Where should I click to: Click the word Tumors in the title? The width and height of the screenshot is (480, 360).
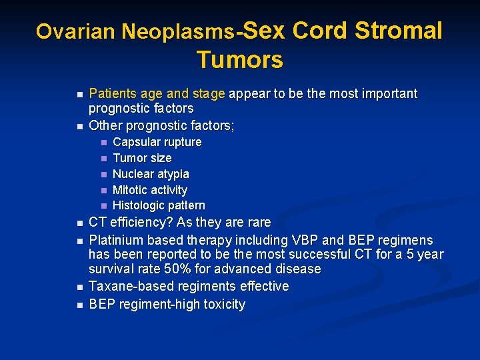[x=239, y=60]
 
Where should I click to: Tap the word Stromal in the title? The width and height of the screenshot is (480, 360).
[x=398, y=31]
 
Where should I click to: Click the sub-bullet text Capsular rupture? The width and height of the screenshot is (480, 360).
[x=157, y=142]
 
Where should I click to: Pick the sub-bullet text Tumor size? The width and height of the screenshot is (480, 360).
[x=142, y=158]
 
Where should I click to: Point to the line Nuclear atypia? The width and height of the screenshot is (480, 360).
[x=151, y=174]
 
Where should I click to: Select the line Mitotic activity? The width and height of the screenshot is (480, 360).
[x=150, y=190]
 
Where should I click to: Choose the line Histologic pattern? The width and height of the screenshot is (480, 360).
[x=159, y=205]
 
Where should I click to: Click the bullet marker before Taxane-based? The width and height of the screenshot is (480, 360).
[x=79, y=287]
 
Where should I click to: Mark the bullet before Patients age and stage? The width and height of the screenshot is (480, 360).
[x=79, y=94]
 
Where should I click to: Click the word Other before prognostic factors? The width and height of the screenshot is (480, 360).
[x=105, y=125]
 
